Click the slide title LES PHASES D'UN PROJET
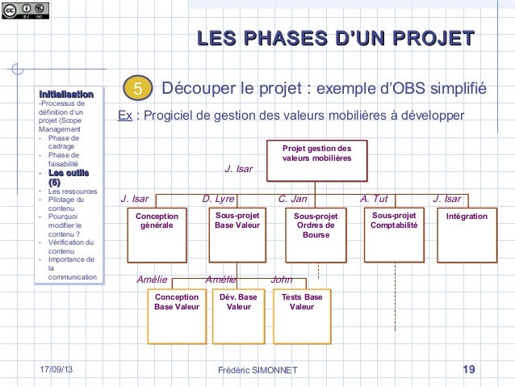click(334, 38)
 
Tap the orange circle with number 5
click(138, 87)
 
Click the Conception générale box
click(157, 233)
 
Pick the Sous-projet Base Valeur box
click(236, 233)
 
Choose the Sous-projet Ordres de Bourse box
click(315, 233)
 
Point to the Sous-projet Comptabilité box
click(394, 233)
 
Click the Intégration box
click(467, 233)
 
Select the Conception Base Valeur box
click(176, 316)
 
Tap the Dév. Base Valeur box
click(238, 316)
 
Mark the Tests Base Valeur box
click(302, 316)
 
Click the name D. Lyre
click(218, 199)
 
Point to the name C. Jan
click(293, 199)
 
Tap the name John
click(282, 280)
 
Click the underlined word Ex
click(125, 116)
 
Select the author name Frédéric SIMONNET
click(258, 370)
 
